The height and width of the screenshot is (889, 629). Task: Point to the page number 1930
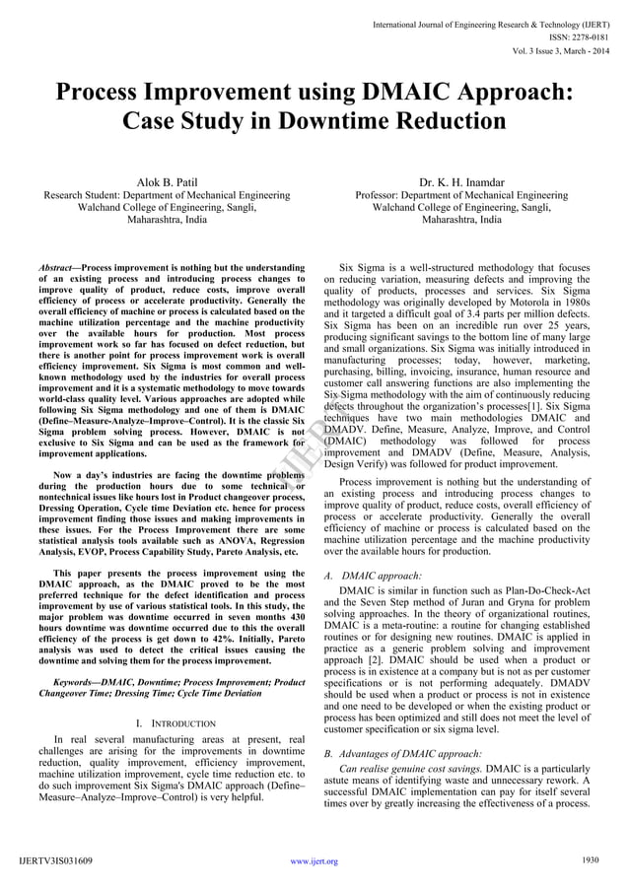pos(592,860)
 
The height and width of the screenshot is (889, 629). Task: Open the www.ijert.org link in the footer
pos(314,860)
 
